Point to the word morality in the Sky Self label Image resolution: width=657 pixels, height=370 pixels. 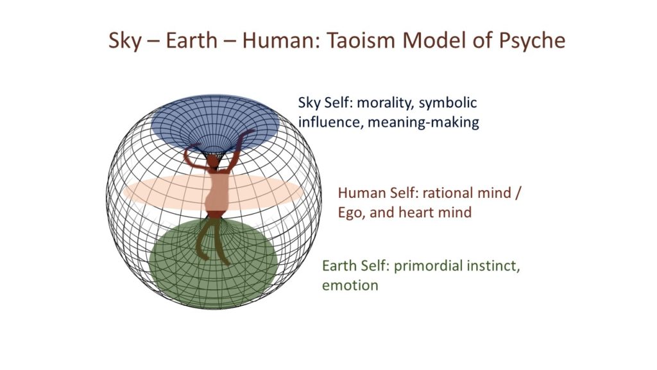385,103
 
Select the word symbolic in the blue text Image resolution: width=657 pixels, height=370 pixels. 447,103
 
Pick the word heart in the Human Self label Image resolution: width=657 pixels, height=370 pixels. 416,212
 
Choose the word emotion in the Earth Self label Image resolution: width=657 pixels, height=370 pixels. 350,286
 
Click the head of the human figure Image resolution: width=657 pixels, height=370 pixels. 213,162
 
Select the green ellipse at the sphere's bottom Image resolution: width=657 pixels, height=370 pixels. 214,263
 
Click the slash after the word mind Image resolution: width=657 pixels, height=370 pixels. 518,193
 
